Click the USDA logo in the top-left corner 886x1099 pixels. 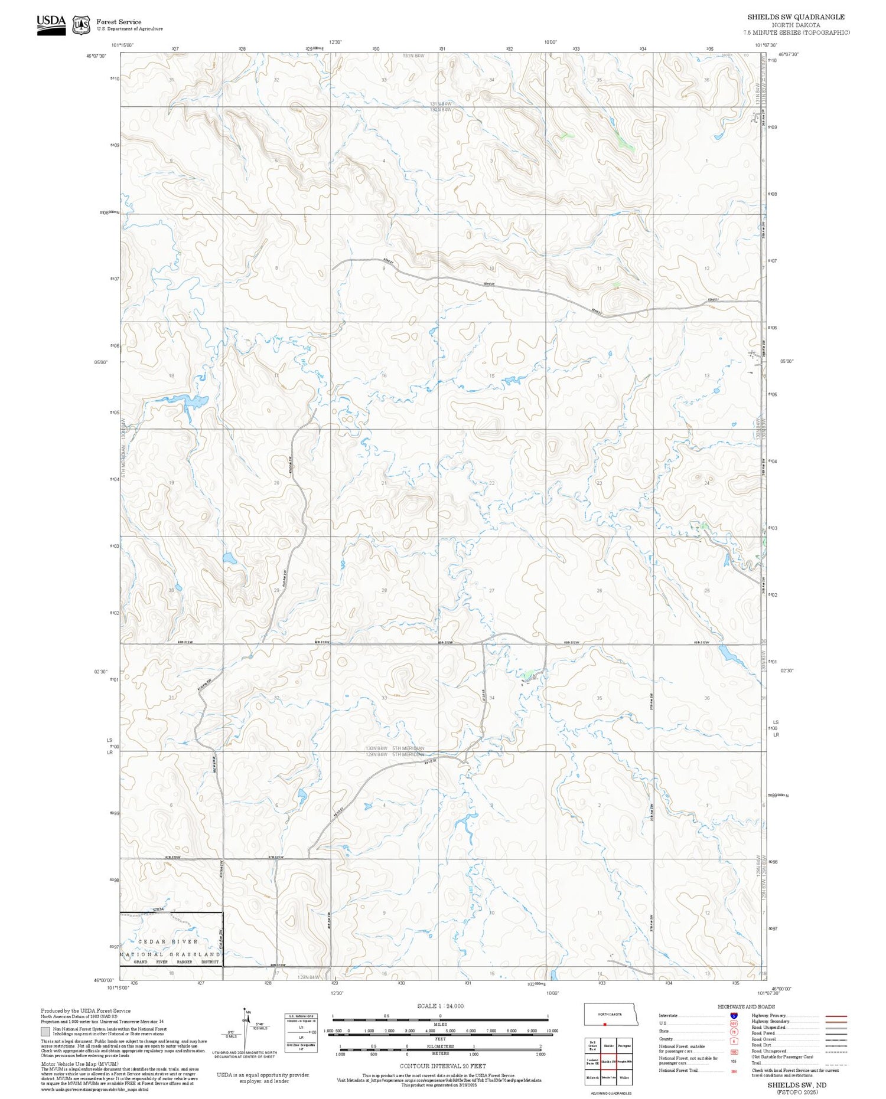point(51,24)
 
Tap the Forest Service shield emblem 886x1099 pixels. point(81,25)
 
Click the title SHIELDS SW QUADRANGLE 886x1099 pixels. point(796,17)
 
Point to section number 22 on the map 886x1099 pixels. point(491,483)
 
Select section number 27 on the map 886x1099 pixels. point(491,590)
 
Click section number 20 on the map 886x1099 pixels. point(276,483)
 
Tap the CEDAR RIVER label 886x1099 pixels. point(168,941)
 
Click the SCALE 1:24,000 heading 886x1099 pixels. point(440,1006)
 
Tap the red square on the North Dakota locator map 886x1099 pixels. point(605,1025)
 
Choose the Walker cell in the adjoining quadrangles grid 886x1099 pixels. point(624,1077)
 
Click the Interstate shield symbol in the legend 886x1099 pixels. point(734,1016)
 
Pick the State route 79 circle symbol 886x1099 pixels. point(734,1032)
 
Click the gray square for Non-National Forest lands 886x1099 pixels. point(45,1032)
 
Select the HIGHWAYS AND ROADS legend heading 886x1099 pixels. point(746,1007)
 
